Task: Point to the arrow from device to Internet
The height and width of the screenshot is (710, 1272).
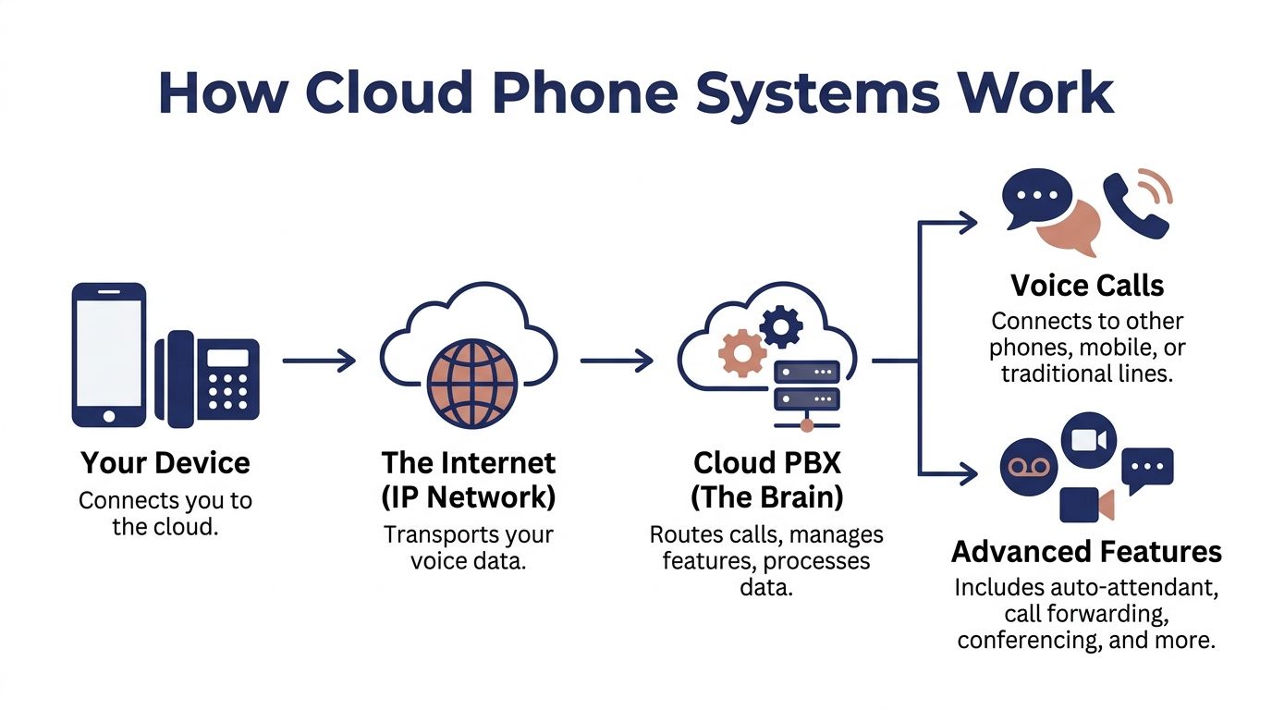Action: coord(318,361)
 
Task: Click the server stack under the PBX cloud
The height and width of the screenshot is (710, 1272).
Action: coord(806,387)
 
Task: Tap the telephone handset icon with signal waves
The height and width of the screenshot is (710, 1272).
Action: coord(1135,204)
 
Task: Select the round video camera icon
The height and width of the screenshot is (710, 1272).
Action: coord(1088,440)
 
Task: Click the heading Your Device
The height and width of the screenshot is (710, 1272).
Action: coord(165,462)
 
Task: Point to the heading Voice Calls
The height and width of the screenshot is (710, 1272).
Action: coord(1087,285)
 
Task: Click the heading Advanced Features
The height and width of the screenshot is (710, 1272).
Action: coord(1086,552)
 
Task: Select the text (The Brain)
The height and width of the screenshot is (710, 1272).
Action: coord(766,496)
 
